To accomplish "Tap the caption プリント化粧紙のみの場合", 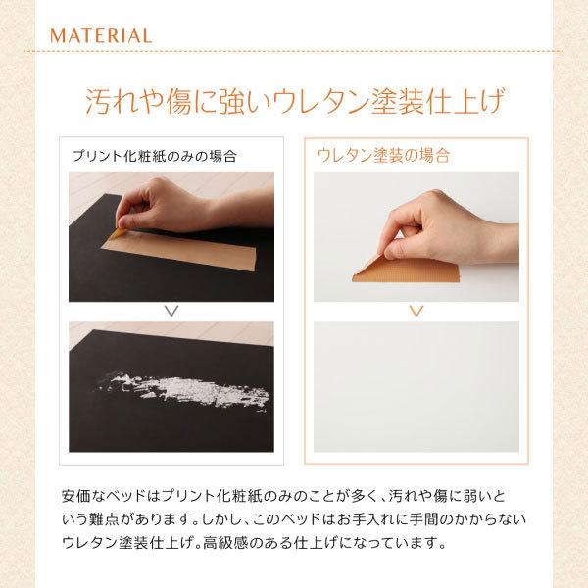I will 154,155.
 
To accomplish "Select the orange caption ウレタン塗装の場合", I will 384,155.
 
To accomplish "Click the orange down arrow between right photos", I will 416,311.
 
